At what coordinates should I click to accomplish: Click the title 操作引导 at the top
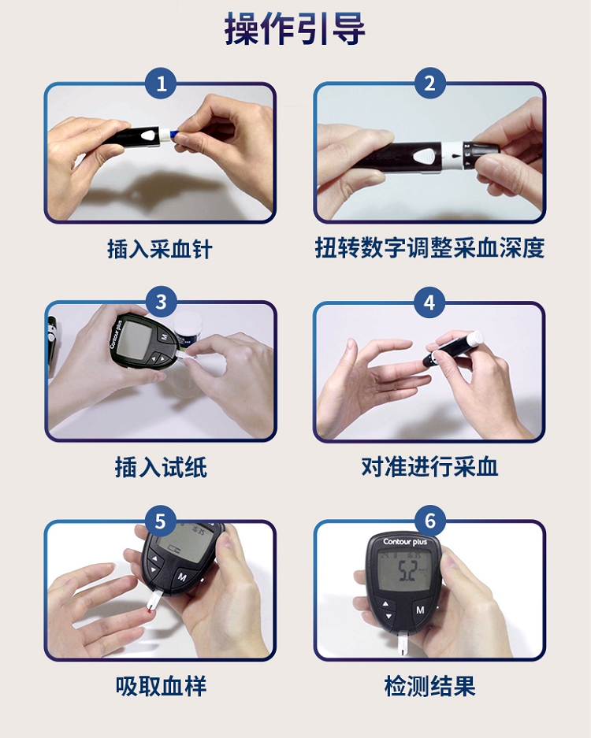tap(295, 29)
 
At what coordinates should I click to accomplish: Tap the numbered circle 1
tap(161, 83)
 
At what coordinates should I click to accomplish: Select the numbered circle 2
tap(429, 83)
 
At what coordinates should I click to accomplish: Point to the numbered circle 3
tap(161, 302)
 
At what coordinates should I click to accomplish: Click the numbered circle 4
tap(429, 302)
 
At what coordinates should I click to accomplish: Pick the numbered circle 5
tap(161, 521)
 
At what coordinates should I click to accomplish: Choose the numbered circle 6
tap(429, 521)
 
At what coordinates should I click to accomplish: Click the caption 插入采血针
tap(160, 249)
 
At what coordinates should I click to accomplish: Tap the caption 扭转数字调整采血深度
tap(429, 248)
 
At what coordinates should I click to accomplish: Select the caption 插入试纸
tap(161, 467)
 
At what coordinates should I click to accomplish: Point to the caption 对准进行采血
tap(429, 467)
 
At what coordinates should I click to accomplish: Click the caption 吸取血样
tap(161, 686)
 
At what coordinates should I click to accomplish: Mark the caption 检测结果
tap(429, 686)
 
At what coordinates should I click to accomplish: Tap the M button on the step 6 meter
tap(420, 610)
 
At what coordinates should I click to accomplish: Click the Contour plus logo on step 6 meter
tap(405, 542)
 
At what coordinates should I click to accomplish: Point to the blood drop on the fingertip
tap(149, 611)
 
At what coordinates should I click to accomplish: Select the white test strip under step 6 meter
tap(404, 643)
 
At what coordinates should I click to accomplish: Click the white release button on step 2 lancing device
tap(425, 156)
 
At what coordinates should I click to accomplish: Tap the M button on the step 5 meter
tap(182, 577)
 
